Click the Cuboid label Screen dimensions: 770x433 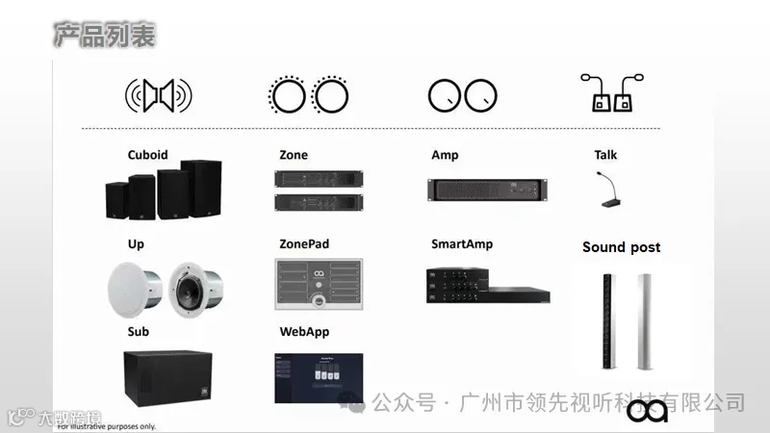[x=147, y=155]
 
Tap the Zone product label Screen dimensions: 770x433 [x=294, y=155]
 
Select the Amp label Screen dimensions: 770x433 [x=445, y=155]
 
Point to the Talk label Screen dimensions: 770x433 [x=605, y=155]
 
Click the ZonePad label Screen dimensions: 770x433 [x=304, y=244]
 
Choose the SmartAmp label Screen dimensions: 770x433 [x=462, y=244]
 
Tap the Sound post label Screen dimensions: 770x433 [x=621, y=247]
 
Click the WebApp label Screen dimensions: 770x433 [x=303, y=332]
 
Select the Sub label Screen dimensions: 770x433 [x=138, y=332]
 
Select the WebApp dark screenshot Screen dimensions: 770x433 [x=320, y=378]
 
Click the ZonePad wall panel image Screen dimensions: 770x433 [x=319, y=285]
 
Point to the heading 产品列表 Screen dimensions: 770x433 [x=103, y=36]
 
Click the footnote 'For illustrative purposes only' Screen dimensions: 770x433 [x=106, y=426]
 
